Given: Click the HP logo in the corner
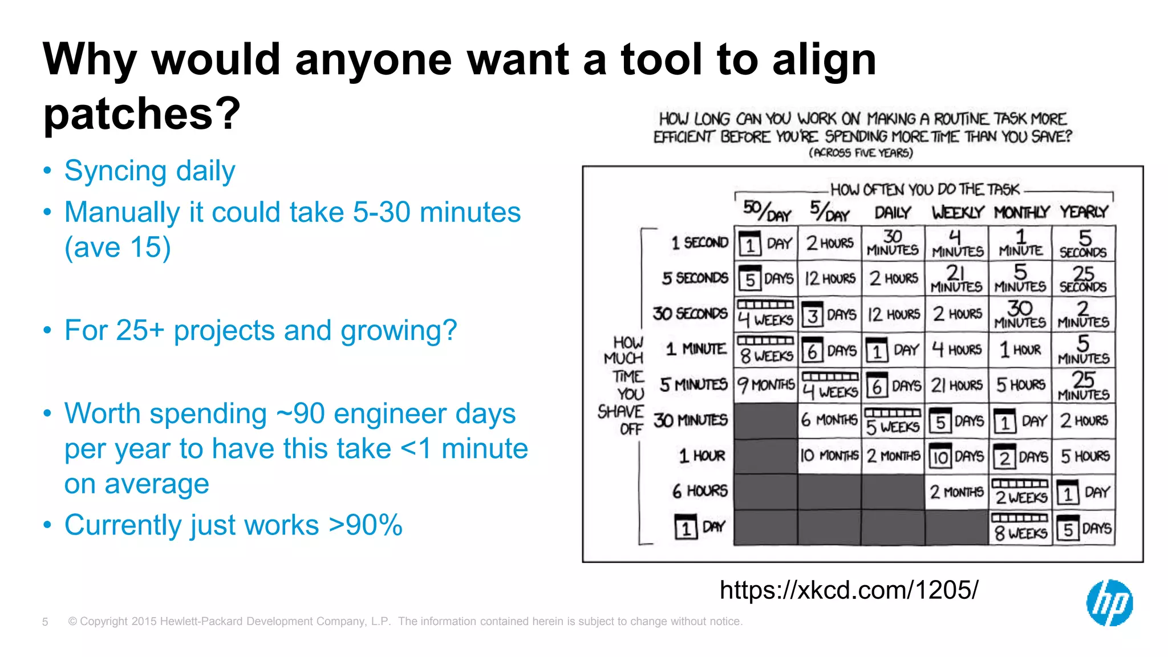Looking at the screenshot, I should click(x=1109, y=603).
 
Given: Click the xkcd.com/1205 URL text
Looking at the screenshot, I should click(x=849, y=590).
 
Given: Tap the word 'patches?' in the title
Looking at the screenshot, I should click(x=142, y=113).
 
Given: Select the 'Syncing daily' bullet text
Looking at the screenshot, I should click(x=149, y=171).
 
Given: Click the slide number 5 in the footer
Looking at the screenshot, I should click(x=45, y=622).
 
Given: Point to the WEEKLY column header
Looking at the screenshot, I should click(x=958, y=213).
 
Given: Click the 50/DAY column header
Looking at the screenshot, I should click(x=766, y=212).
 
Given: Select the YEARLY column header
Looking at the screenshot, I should click(x=1084, y=212).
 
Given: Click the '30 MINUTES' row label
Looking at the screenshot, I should click(x=691, y=420).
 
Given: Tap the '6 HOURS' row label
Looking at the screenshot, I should click(x=700, y=491).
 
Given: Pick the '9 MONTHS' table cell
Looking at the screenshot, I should click(x=766, y=385).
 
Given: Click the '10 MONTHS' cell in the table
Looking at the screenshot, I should click(x=829, y=456).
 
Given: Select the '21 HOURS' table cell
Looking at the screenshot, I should click(x=957, y=386).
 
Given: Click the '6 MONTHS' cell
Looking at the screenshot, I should click(x=829, y=420).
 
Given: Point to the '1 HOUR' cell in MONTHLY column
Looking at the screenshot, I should click(x=1020, y=350).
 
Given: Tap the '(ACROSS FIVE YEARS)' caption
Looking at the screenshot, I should click(x=861, y=153).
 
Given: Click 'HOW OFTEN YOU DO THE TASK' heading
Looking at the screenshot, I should click(x=924, y=189).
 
